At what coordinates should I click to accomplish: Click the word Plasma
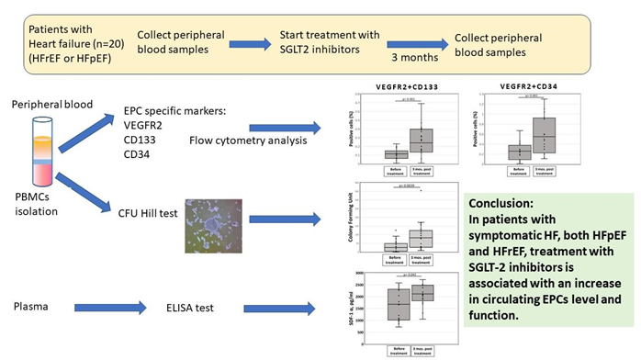coord(34,304)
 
